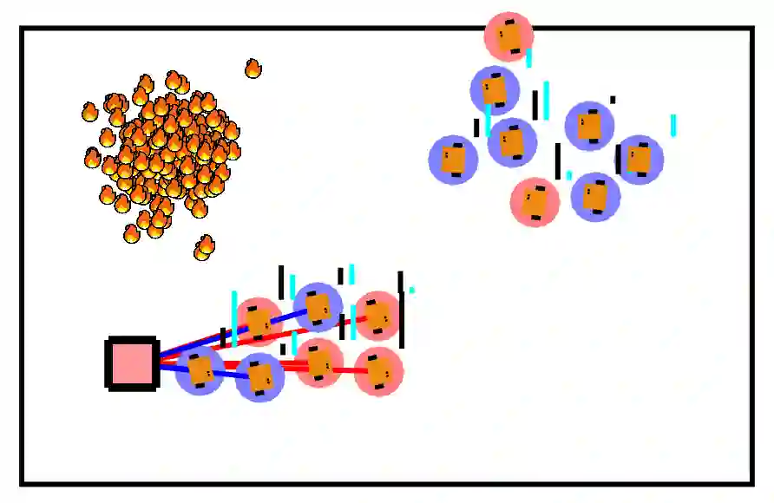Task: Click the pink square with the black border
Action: (x=131, y=363)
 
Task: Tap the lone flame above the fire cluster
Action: (x=253, y=69)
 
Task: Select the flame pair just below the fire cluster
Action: (x=204, y=248)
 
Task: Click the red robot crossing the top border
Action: (x=508, y=36)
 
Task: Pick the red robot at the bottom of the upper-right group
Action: (x=535, y=202)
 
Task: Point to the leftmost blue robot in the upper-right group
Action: (x=454, y=160)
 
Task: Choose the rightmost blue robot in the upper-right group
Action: (x=640, y=160)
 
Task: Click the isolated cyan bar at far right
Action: (x=673, y=126)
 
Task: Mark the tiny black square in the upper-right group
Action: (x=613, y=100)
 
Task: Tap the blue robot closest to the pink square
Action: (x=200, y=370)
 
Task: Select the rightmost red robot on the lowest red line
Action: (x=378, y=371)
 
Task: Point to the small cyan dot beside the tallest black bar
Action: (x=411, y=290)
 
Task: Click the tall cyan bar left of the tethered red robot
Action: (x=234, y=317)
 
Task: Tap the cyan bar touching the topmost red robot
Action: (x=528, y=58)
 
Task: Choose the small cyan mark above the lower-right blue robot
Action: (x=569, y=175)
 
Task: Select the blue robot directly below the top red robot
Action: (x=495, y=90)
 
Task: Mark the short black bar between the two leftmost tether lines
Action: (x=223, y=337)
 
